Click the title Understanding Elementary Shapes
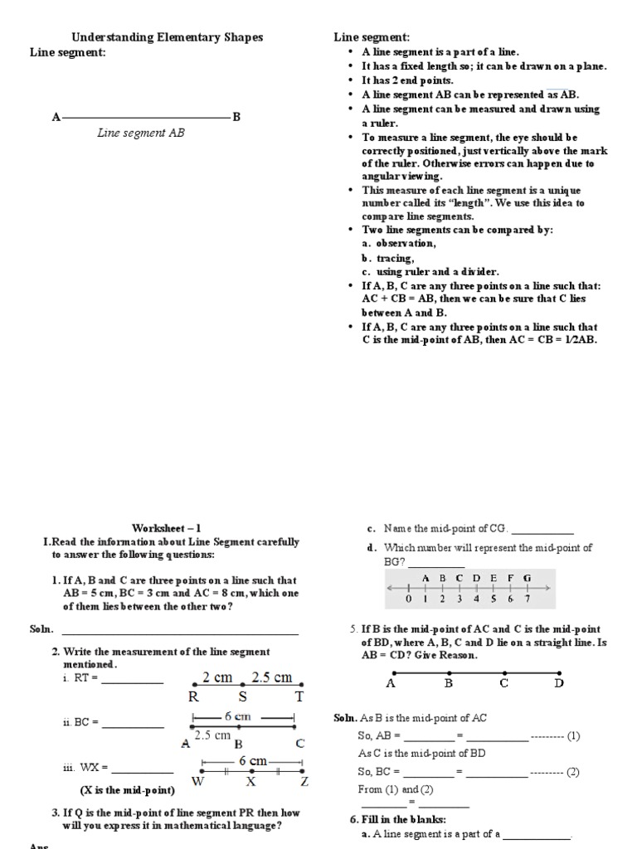pos(167,37)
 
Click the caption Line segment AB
pos(141,133)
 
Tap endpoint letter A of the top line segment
pos(56,118)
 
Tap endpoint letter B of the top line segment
pos(236,118)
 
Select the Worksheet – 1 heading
pos(166,528)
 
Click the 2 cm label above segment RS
pos(217,677)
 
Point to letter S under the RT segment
pos(243,697)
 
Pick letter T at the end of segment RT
pos(299,697)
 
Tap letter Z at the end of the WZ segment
pos(304,781)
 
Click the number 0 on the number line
pos(408,599)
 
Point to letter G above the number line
pos(527,578)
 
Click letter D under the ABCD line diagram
pos(558,684)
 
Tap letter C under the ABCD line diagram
pos(503,684)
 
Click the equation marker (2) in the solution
pos(572,772)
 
